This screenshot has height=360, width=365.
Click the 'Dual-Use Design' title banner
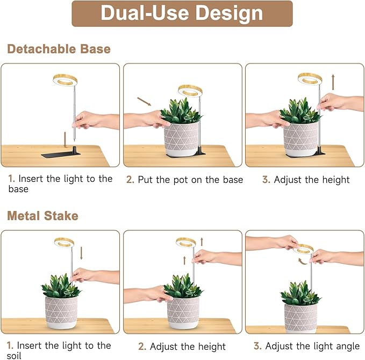[x=182, y=13]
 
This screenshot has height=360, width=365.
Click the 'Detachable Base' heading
[x=59, y=49]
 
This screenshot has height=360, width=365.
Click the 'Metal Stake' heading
[x=42, y=216]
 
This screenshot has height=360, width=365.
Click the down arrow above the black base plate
[x=66, y=138]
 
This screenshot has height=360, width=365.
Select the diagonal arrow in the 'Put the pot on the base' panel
[x=144, y=101]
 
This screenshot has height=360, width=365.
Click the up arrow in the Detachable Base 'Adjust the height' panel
[x=333, y=82]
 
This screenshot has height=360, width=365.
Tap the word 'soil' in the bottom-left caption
[x=16, y=355]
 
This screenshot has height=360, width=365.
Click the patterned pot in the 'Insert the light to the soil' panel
[x=61, y=312]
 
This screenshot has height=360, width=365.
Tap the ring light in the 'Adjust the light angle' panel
[x=304, y=249]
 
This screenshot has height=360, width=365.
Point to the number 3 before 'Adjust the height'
[x=266, y=180]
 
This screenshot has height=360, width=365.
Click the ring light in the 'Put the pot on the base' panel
[x=190, y=89]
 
